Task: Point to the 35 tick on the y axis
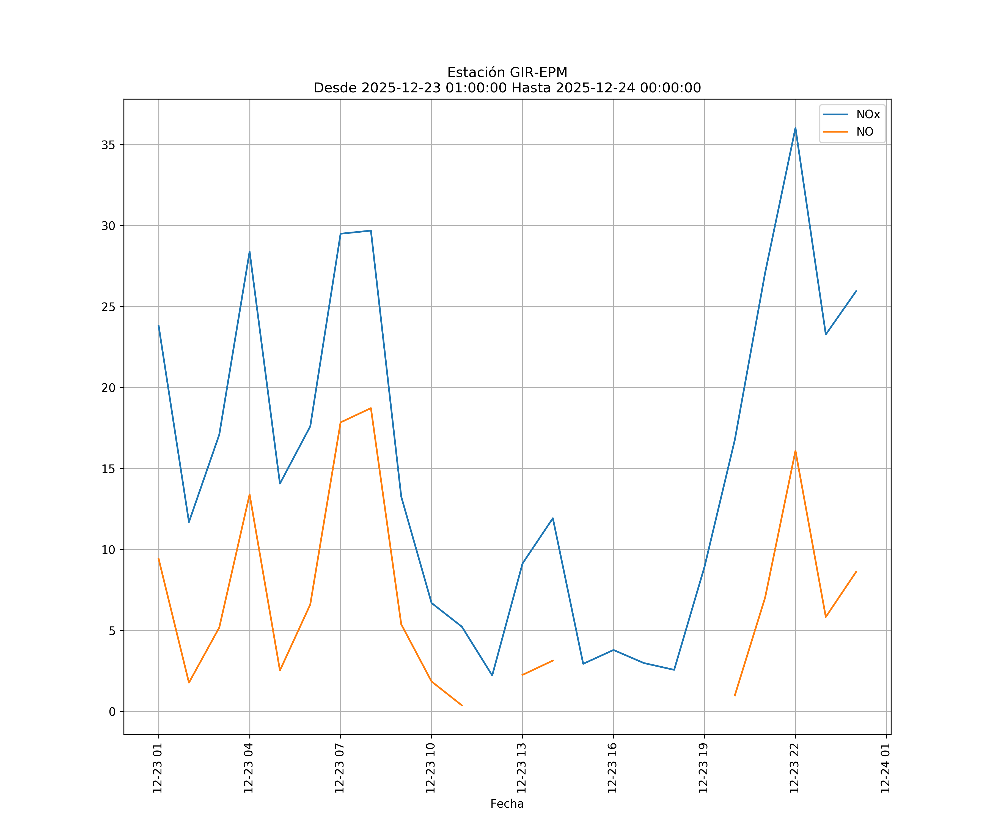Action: [x=108, y=145]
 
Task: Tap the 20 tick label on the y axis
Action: [x=108, y=387]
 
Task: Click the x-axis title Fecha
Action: [x=507, y=804]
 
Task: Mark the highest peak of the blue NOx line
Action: [x=795, y=128]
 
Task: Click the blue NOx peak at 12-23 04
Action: [x=249, y=251]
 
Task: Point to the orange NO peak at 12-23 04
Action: [x=249, y=494]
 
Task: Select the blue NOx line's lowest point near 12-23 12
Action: [x=492, y=675]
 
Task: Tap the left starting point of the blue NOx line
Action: [x=158, y=325]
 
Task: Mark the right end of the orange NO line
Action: [x=856, y=571]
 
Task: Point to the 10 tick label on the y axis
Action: [x=108, y=550]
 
